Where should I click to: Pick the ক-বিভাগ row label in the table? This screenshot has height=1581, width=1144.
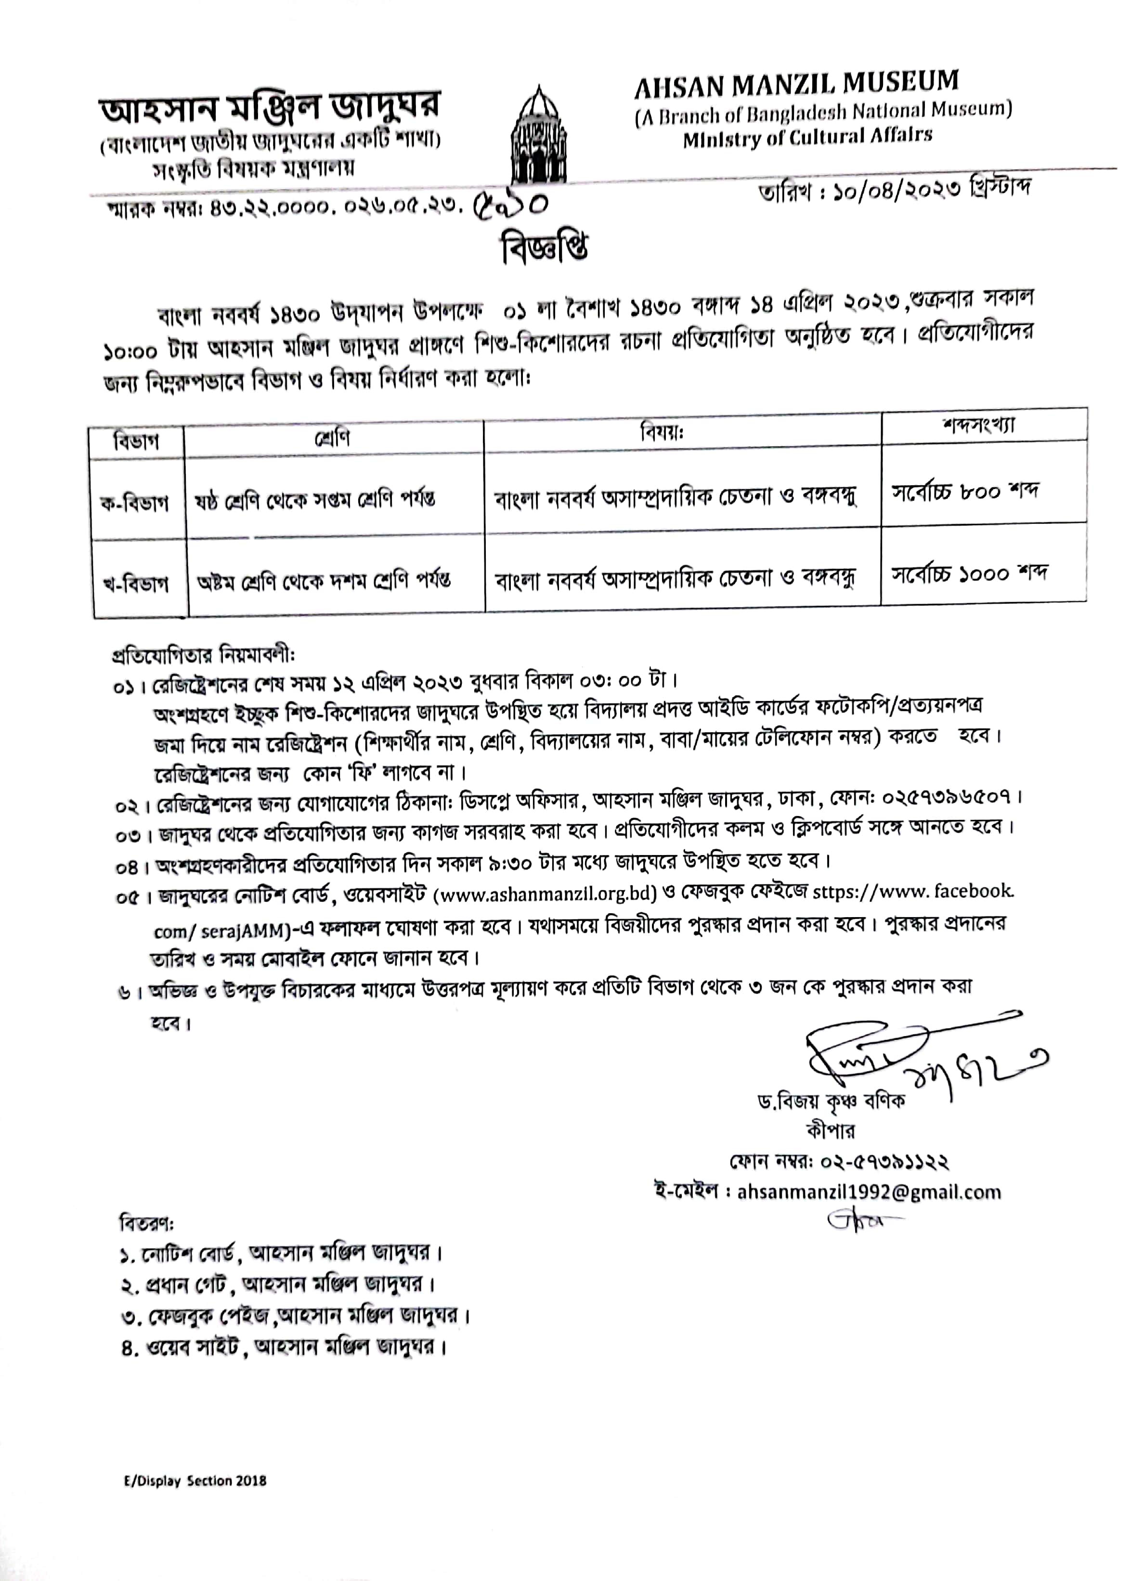click(134, 502)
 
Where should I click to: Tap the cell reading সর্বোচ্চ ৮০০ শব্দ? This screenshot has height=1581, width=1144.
click(965, 492)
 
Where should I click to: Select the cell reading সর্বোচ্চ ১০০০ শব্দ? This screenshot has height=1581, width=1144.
click(970, 574)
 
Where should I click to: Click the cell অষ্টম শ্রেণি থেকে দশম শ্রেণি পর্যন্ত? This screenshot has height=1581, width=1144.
click(324, 580)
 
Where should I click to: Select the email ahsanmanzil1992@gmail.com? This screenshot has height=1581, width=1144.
click(869, 1192)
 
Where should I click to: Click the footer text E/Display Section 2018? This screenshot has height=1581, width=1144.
click(195, 1480)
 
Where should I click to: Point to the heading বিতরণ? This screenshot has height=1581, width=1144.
click(146, 1223)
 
